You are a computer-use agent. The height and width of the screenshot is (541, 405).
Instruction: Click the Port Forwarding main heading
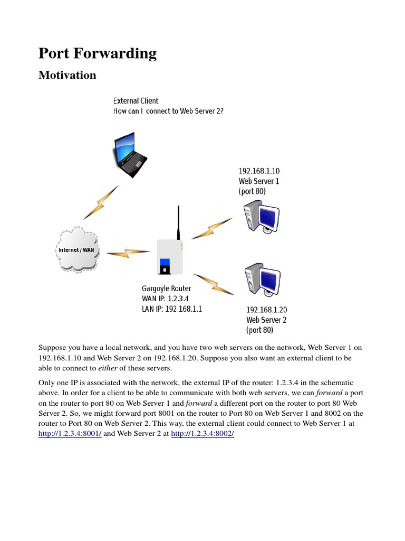[98, 53]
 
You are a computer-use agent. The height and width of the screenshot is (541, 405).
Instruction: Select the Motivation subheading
[67, 75]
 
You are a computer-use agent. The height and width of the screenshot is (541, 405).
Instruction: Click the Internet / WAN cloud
[77, 249]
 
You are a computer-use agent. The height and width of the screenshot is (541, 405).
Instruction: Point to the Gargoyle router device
[169, 257]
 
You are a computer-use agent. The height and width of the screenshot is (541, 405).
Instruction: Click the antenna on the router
[178, 224]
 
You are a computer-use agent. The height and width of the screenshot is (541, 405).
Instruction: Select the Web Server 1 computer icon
[261, 217]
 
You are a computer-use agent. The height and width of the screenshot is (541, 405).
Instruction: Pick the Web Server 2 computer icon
[262, 279]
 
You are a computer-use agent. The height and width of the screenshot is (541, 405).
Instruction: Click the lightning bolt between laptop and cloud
[100, 202]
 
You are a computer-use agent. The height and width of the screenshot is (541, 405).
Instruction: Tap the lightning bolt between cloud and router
[128, 254]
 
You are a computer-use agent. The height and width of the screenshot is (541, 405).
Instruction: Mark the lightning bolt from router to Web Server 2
[214, 284]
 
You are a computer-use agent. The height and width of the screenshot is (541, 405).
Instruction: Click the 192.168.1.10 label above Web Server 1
[259, 171]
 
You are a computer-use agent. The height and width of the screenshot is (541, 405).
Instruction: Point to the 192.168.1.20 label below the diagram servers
[266, 310]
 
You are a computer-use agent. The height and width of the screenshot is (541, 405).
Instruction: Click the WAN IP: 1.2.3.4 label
[165, 299]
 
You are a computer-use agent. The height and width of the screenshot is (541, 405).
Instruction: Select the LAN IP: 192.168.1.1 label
[172, 309]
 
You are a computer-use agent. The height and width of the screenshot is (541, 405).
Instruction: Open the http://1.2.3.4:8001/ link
[70, 433]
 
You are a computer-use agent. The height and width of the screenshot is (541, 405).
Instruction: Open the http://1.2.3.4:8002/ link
[202, 433]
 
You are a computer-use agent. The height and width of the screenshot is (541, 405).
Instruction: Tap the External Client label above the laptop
[136, 101]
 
